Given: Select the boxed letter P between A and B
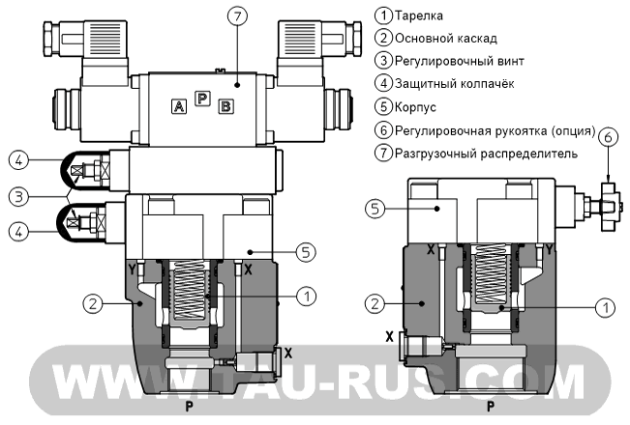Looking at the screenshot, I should click(201, 100).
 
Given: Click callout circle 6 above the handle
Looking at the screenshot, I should click(608, 138).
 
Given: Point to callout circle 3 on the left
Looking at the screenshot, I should click(16, 196).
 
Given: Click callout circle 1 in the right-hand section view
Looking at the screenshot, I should click(603, 308).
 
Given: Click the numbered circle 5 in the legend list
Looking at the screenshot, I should click(384, 107).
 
